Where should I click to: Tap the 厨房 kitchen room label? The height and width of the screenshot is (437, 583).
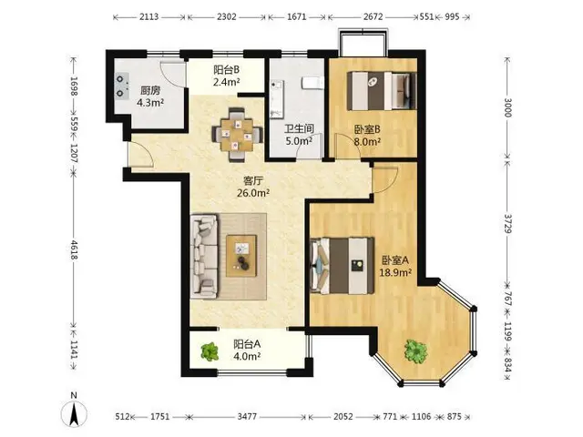[x=150, y=90]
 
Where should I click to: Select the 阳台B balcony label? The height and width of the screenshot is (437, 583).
[x=226, y=69]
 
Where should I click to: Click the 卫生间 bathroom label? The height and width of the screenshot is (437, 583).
[x=299, y=128]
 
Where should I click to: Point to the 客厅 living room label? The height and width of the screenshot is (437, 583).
[x=253, y=180]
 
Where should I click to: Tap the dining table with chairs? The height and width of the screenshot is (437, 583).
[x=237, y=135]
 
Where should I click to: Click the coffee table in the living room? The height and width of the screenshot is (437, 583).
[x=241, y=256]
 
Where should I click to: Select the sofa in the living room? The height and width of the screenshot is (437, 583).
[x=204, y=256]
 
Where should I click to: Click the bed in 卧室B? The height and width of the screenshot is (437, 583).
[x=382, y=91]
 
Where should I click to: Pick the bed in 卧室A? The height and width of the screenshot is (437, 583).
[x=343, y=266]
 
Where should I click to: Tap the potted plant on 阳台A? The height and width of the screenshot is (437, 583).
[x=210, y=351]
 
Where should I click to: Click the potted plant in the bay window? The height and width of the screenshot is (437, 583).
[x=415, y=351]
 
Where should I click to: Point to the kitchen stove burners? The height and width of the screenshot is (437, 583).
[x=121, y=86]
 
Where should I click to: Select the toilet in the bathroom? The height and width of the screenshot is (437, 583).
[x=312, y=83]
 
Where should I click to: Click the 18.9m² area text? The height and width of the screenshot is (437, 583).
[x=395, y=272]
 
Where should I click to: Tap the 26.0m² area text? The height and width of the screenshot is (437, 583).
[x=253, y=193]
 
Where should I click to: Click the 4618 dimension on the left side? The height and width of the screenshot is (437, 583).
[x=74, y=250]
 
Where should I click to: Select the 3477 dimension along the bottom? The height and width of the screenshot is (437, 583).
[x=247, y=417]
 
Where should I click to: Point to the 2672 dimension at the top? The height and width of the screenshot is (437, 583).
[x=373, y=16]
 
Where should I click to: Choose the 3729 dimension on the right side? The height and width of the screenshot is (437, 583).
[x=508, y=223]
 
